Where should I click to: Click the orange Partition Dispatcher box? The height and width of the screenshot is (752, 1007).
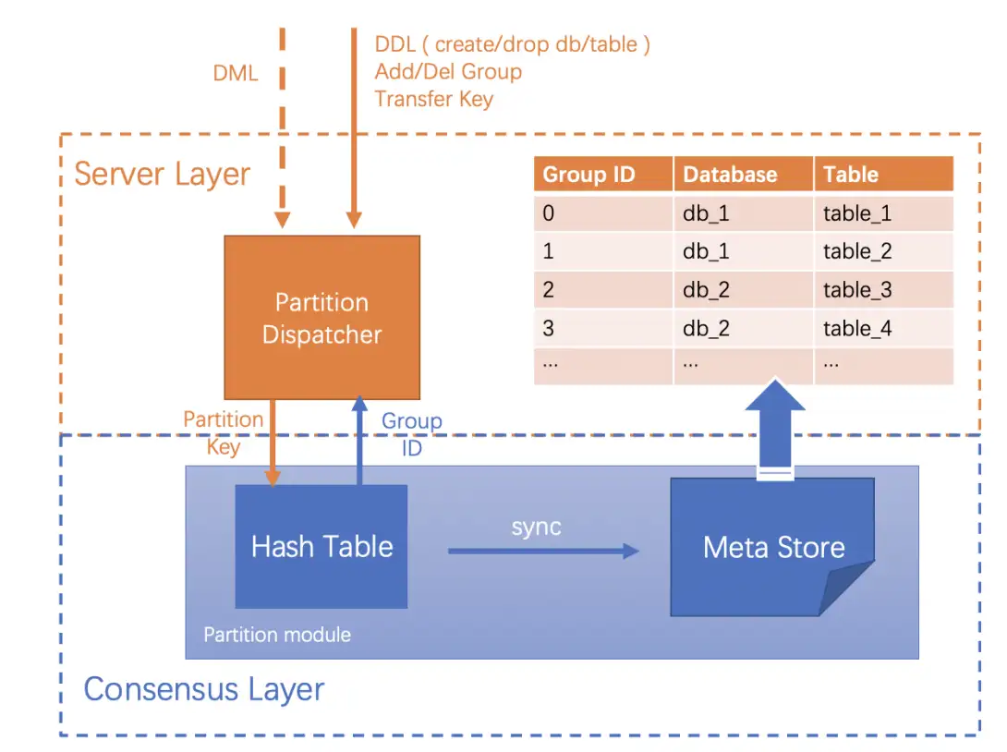pos(322,317)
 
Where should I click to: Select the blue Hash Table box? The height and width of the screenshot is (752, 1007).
pos(322,546)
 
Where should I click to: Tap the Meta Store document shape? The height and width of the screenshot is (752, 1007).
pos(772,547)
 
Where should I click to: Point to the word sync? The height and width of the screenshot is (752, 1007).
pos(536,528)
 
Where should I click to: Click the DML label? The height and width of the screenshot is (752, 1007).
pos(236,73)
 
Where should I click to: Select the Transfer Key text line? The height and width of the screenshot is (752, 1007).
pos(433,99)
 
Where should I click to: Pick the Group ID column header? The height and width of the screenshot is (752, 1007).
pos(588,175)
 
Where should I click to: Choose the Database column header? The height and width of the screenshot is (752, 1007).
pos(730,175)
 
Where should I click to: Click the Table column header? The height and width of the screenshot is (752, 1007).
pos(851,175)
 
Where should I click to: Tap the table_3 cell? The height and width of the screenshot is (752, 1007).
pos(857,290)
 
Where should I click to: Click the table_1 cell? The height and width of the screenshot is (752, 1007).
pos(857,213)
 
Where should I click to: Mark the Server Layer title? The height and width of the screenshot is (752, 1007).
pos(162,174)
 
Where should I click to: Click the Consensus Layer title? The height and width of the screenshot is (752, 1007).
pos(204,689)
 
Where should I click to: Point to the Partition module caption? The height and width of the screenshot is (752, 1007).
pos(277,635)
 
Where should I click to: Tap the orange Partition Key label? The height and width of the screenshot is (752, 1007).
pos(224,432)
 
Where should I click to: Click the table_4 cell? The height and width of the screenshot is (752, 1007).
pos(857,329)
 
